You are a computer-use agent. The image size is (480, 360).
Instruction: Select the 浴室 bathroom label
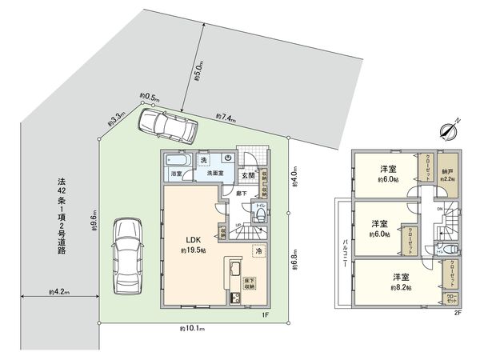(176, 173)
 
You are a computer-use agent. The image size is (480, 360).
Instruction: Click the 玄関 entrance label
(248, 175)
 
